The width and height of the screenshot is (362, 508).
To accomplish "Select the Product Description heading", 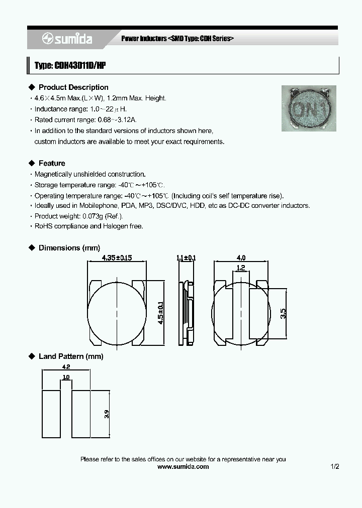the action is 73,87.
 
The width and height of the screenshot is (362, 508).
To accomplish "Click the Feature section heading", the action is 52,163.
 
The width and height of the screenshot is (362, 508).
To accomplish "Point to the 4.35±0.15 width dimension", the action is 117,258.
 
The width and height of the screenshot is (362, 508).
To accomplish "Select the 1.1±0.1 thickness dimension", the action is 186,258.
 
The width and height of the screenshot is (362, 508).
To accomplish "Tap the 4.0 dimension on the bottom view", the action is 241,258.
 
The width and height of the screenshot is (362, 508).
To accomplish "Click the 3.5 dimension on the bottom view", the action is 284,313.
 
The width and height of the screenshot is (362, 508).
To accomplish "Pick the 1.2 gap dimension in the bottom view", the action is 241,268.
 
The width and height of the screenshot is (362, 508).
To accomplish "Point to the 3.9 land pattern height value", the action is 107,415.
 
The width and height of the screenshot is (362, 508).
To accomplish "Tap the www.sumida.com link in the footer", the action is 183,466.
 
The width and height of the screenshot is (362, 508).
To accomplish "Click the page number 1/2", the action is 335,466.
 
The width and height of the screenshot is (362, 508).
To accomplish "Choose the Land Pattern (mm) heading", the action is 71,356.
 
